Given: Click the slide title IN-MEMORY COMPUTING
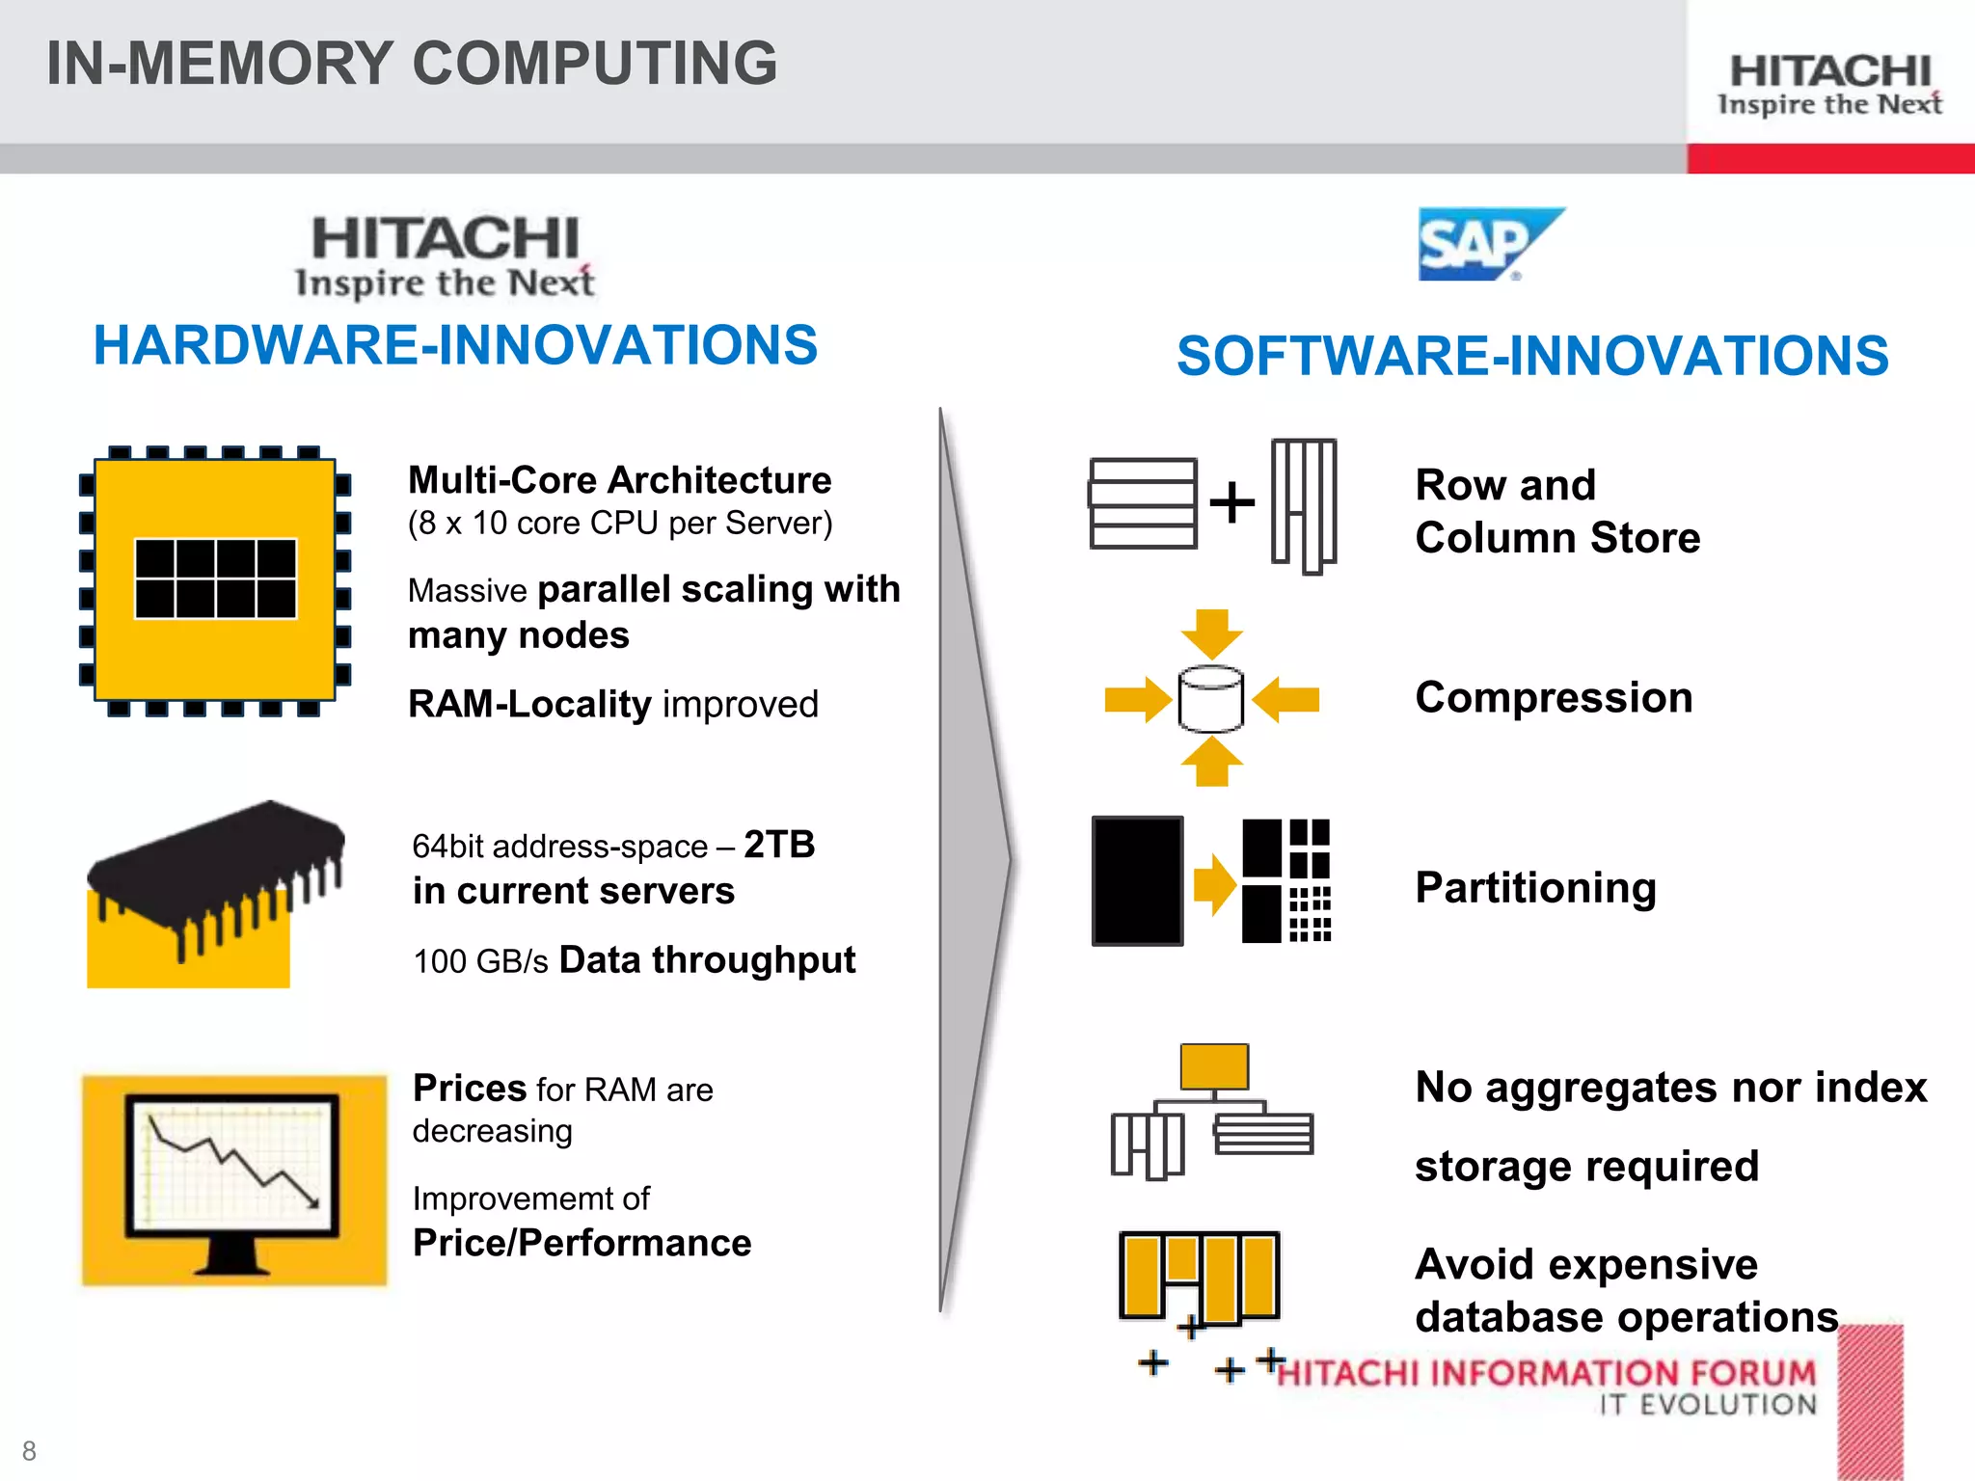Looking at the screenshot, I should click(x=412, y=64).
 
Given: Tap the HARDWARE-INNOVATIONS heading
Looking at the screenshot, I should click(x=455, y=345).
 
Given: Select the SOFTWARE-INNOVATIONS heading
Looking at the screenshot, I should click(x=1532, y=355).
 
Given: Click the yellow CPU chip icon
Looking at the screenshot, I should click(x=215, y=580).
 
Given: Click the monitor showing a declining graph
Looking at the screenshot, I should click(x=232, y=1178).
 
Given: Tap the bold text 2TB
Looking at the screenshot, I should click(x=779, y=845).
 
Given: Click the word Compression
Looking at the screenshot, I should click(x=1554, y=697).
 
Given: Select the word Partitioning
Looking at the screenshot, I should click(x=1535, y=887).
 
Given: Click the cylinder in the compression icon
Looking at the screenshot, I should click(x=1211, y=699).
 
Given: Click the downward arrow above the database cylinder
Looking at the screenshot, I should click(x=1211, y=633).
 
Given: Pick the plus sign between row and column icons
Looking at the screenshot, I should click(x=1231, y=502).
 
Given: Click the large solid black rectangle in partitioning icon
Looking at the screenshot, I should click(x=1137, y=880).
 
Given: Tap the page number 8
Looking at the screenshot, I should click(x=29, y=1450).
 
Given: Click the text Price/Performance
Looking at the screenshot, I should click(x=582, y=1243).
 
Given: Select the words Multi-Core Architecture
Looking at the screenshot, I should click(x=619, y=479).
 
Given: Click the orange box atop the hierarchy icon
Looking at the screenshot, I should click(x=1214, y=1066).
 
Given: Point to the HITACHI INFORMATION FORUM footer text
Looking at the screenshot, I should click(x=1546, y=1372).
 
